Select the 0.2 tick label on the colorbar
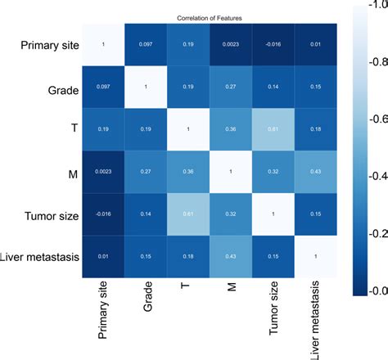(377, 233)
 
